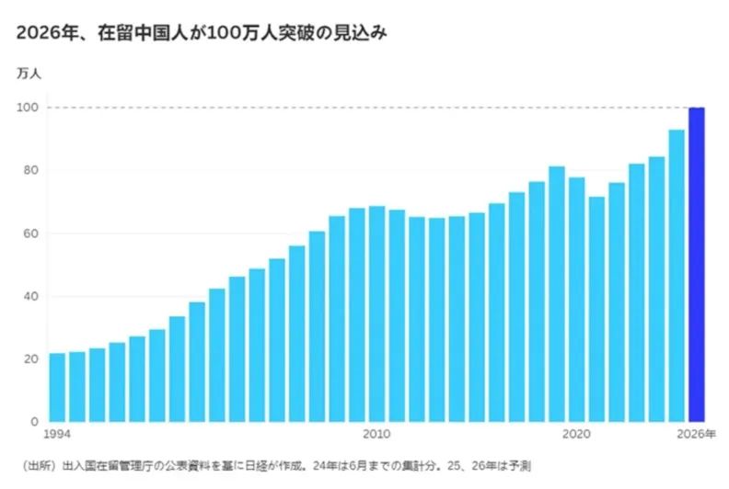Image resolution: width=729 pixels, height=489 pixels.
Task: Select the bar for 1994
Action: click(x=57, y=387)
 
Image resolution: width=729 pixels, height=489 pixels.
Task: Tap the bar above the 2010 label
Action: click(x=376, y=313)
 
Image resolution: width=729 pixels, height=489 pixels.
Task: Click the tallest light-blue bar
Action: click(x=677, y=275)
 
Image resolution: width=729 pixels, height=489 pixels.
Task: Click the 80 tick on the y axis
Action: click(x=29, y=170)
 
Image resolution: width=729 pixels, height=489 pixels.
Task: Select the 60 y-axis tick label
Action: click(x=29, y=233)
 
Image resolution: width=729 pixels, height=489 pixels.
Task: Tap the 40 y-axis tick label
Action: click(x=29, y=296)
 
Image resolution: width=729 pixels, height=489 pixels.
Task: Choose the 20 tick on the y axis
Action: click(x=29, y=358)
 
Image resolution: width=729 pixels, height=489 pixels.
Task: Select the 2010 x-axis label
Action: click(x=376, y=433)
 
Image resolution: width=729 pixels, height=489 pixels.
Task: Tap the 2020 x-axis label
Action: click(x=576, y=433)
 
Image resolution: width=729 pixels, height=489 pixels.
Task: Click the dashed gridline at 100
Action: click(x=368, y=108)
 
